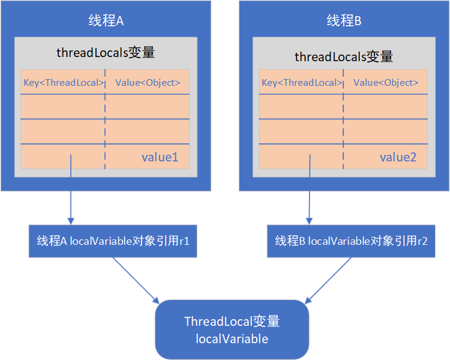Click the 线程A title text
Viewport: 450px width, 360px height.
106,21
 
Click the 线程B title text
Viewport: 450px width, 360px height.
344,21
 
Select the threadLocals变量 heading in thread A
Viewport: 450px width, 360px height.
106,52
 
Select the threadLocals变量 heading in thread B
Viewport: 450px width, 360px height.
344,56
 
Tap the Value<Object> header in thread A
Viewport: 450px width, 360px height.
148,83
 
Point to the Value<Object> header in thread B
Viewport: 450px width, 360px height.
386,83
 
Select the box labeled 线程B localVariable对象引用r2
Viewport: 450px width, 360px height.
351,241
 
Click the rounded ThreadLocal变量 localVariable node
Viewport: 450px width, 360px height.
232,329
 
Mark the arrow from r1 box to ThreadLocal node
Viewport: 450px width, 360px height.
135,280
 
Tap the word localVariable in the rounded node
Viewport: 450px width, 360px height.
232,339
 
